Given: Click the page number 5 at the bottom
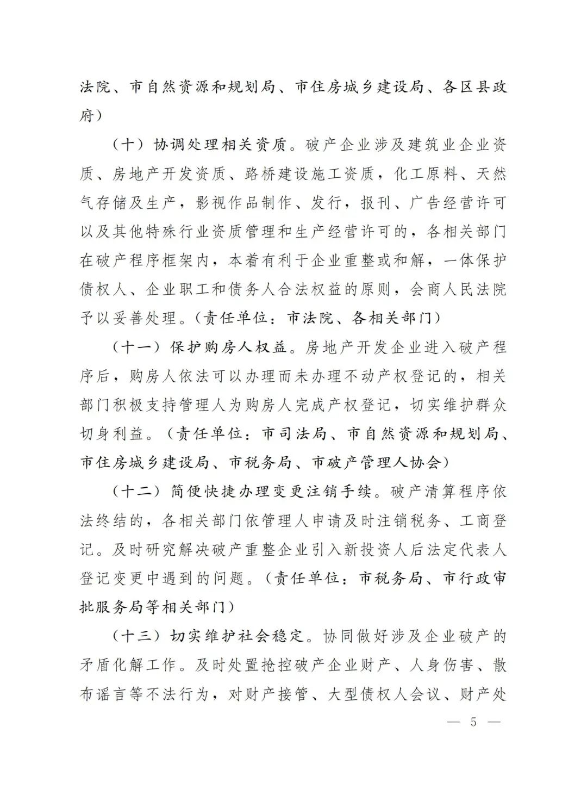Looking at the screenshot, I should [473, 722].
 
